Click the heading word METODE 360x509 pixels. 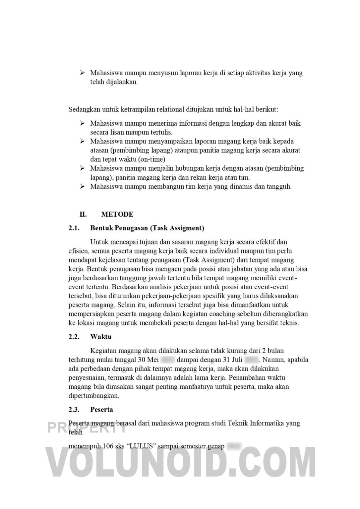pos(117,214)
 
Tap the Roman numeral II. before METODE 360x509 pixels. pos(83,214)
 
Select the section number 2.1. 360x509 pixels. pos(74,228)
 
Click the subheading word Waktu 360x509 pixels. pos(101,337)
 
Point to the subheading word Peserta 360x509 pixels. pos(101,410)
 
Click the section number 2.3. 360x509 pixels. pos(74,410)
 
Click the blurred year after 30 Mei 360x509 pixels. pos(168,360)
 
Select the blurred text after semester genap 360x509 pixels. pos(235,446)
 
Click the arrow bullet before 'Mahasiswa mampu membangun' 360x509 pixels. pos(83,186)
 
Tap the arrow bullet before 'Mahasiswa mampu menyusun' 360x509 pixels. pos(83,73)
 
